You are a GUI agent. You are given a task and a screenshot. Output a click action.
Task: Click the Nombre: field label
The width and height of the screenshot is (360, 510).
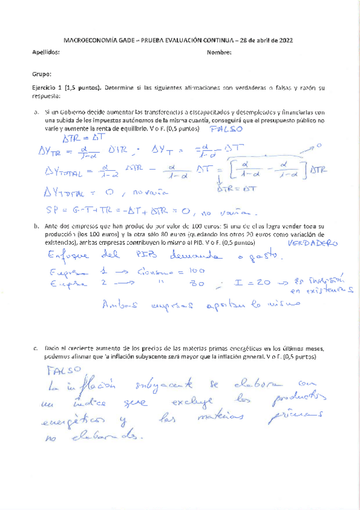click(219, 53)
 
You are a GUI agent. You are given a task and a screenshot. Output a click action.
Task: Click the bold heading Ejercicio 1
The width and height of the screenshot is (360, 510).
click(50, 87)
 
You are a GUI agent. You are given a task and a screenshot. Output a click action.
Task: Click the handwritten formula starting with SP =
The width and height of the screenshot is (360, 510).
click(150, 211)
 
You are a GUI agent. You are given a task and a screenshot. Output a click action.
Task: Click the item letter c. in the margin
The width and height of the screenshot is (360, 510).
click(38, 348)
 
